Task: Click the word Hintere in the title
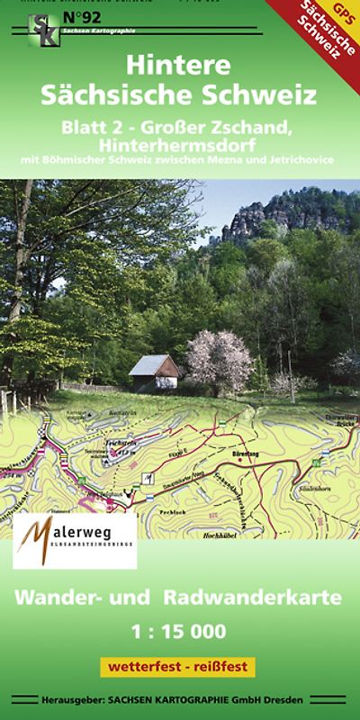[179, 67]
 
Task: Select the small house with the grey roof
[154, 371]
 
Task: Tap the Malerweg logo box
[75, 540]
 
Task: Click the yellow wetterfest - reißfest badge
[178, 668]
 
